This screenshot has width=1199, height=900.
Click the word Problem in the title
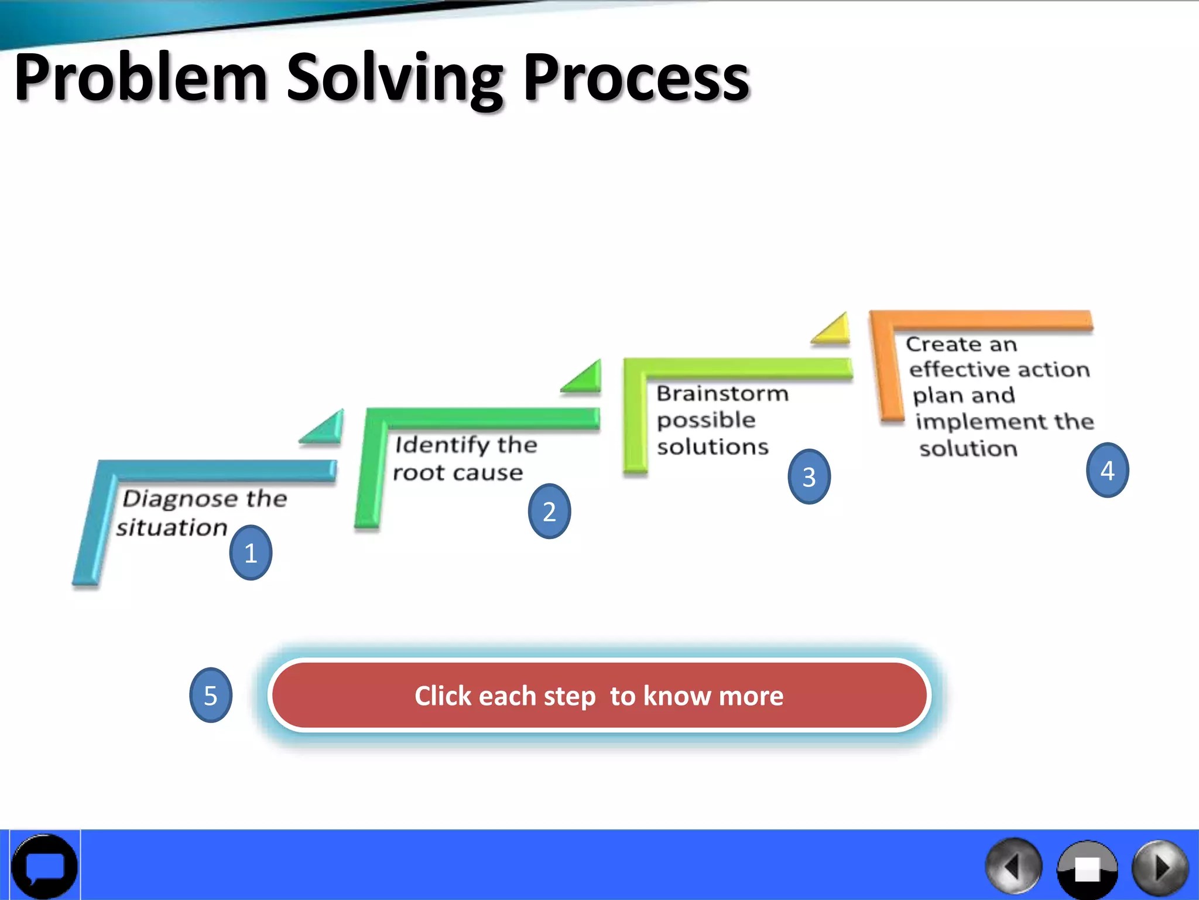click(141, 78)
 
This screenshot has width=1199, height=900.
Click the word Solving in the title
click(393, 79)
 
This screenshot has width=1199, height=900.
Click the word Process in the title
click(635, 78)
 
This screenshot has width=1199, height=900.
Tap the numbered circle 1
click(251, 553)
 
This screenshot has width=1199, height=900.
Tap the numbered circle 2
click(549, 512)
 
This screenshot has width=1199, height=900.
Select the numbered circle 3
click(809, 476)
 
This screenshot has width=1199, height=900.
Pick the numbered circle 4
click(1107, 471)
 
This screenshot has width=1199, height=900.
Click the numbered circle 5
click(211, 695)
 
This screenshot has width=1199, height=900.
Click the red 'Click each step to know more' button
click(599, 696)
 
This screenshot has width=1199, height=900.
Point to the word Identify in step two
click(442, 445)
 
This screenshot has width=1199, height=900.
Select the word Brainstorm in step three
click(722, 393)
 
